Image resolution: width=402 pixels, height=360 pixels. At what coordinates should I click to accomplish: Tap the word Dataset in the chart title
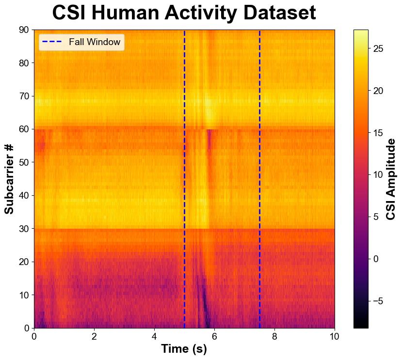pos(274,13)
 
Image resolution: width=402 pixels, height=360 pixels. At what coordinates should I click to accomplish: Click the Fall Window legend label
pos(95,42)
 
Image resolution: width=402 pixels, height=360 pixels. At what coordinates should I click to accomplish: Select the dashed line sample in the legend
pos(53,42)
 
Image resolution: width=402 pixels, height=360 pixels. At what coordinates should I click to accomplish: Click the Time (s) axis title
pos(184,349)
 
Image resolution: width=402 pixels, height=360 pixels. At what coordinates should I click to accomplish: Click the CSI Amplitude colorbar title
pos(391,179)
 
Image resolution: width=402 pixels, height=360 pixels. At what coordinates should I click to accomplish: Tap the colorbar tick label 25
pos(379,49)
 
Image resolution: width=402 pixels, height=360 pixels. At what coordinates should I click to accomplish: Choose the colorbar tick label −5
pos(379,301)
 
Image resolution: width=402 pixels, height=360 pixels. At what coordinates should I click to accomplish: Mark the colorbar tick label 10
pos(379,175)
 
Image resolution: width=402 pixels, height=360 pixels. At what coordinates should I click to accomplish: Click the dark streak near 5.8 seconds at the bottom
pos(207,317)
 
